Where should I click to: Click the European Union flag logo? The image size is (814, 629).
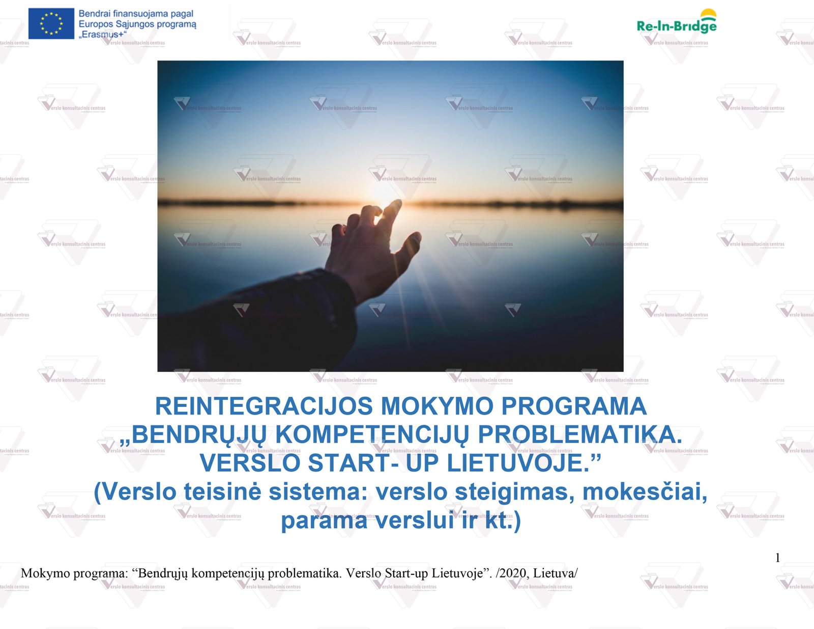(x=51, y=23)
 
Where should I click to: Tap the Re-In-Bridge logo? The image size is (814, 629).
(x=677, y=21)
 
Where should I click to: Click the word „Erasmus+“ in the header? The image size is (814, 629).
(x=103, y=35)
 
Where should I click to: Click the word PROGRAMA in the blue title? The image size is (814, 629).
(x=574, y=406)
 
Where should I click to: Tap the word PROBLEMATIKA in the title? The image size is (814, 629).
(x=580, y=434)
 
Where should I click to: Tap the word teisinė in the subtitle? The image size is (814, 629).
(x=222, y=492)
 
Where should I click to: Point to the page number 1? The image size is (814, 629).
(x=777, y=558)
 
